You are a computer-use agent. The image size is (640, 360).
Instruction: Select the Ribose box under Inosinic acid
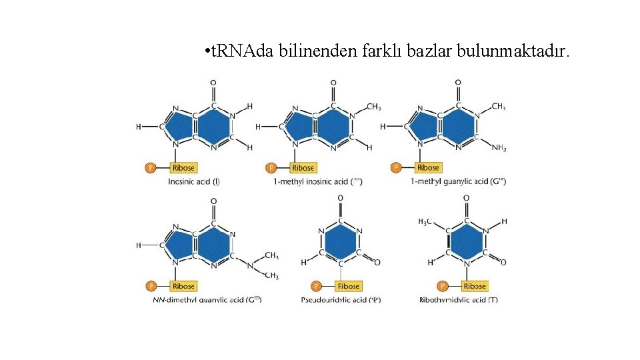pyautogui.click(x=183, y=167)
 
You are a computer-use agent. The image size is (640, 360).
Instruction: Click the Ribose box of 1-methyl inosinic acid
pyautogui.click(x=303, y=167)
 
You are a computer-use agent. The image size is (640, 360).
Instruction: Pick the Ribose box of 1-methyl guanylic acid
pyautogui.click(x=427, y=167)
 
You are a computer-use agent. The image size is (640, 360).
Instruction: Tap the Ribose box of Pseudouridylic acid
pyautogui.click(x=348, y=286)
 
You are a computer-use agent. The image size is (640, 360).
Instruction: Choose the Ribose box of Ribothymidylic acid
pyautogui.click(x=474, y=286)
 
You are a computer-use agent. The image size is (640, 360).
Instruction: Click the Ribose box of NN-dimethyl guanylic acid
pyautogui.click(x=183, y=286)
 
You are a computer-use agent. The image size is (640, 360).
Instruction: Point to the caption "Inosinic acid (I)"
pyautogui.click(x=194, y=181)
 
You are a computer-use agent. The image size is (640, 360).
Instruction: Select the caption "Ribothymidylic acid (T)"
pyautogui.click(x=459, y=300)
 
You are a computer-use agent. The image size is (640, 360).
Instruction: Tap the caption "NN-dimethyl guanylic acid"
pyautogui.click(x=207, y=300)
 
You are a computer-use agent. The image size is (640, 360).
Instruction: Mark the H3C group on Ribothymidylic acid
pyautogui.click(x=425, y=221)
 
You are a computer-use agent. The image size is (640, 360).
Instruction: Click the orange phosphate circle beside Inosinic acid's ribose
pyautogui.click(x=151, y=167)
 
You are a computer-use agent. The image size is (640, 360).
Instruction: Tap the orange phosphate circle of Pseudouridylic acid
pyautogui.click(x=317, y=286)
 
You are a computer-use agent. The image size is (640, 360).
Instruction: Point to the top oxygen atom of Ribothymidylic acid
pyautogui.click(x=466, y=198)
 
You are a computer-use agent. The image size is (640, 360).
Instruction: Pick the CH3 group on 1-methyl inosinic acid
pyautogui.click(x=373, y=107)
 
